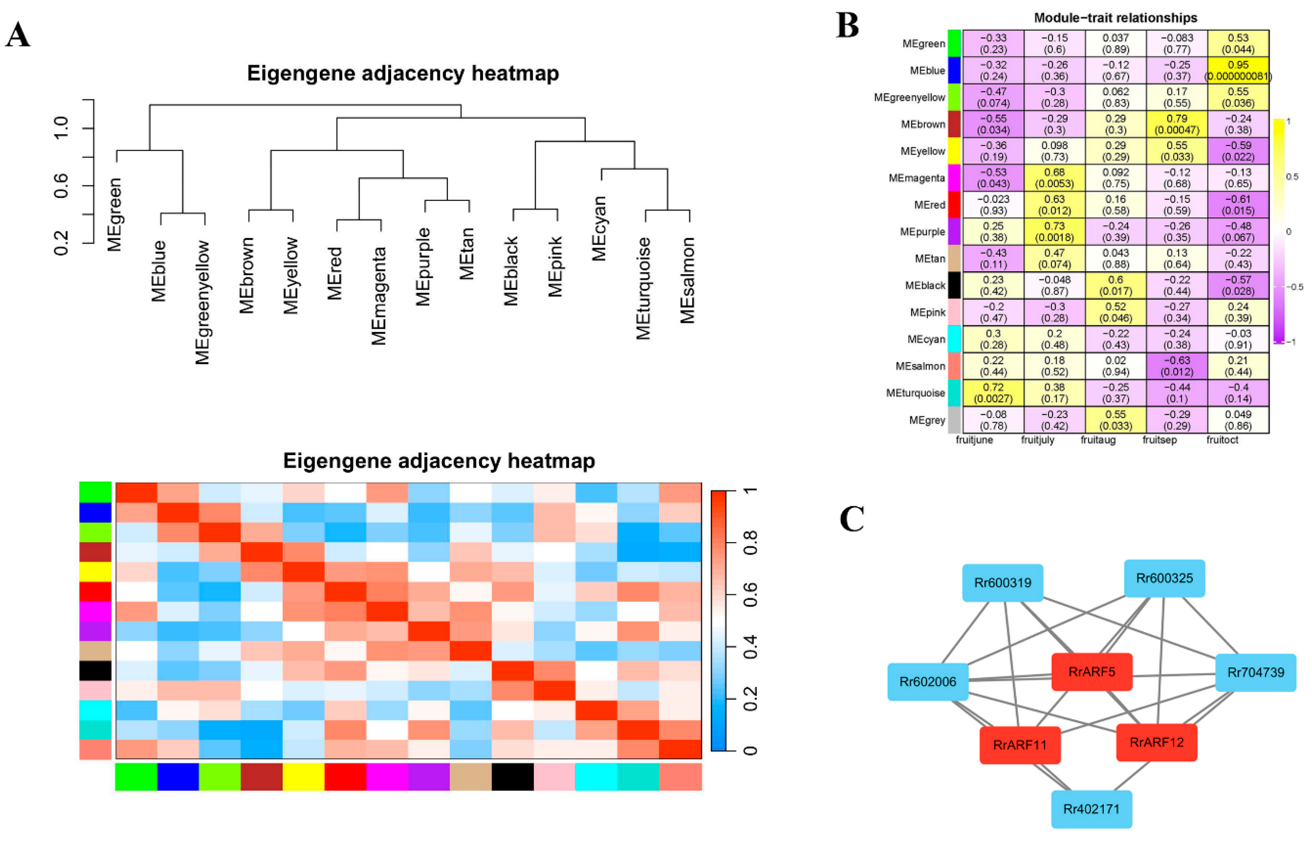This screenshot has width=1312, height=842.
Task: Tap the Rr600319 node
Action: click(1003, 583)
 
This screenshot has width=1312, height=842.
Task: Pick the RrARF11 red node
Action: click(1020, 745)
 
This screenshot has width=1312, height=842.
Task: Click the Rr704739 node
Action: click(1256, 672)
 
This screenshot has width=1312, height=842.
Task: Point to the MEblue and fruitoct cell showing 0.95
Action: click(1238, 70)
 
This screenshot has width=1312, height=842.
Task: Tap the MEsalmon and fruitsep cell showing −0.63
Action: click(1177, 366)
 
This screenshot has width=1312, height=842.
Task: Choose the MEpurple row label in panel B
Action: click(922, 232)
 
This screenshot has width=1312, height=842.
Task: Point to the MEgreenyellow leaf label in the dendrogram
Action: click(203, 302)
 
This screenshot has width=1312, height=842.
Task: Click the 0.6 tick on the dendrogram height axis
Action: click(61, 186)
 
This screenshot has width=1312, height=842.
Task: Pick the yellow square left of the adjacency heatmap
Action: click(95, 572)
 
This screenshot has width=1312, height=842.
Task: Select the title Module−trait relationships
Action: click(1115, 18)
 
